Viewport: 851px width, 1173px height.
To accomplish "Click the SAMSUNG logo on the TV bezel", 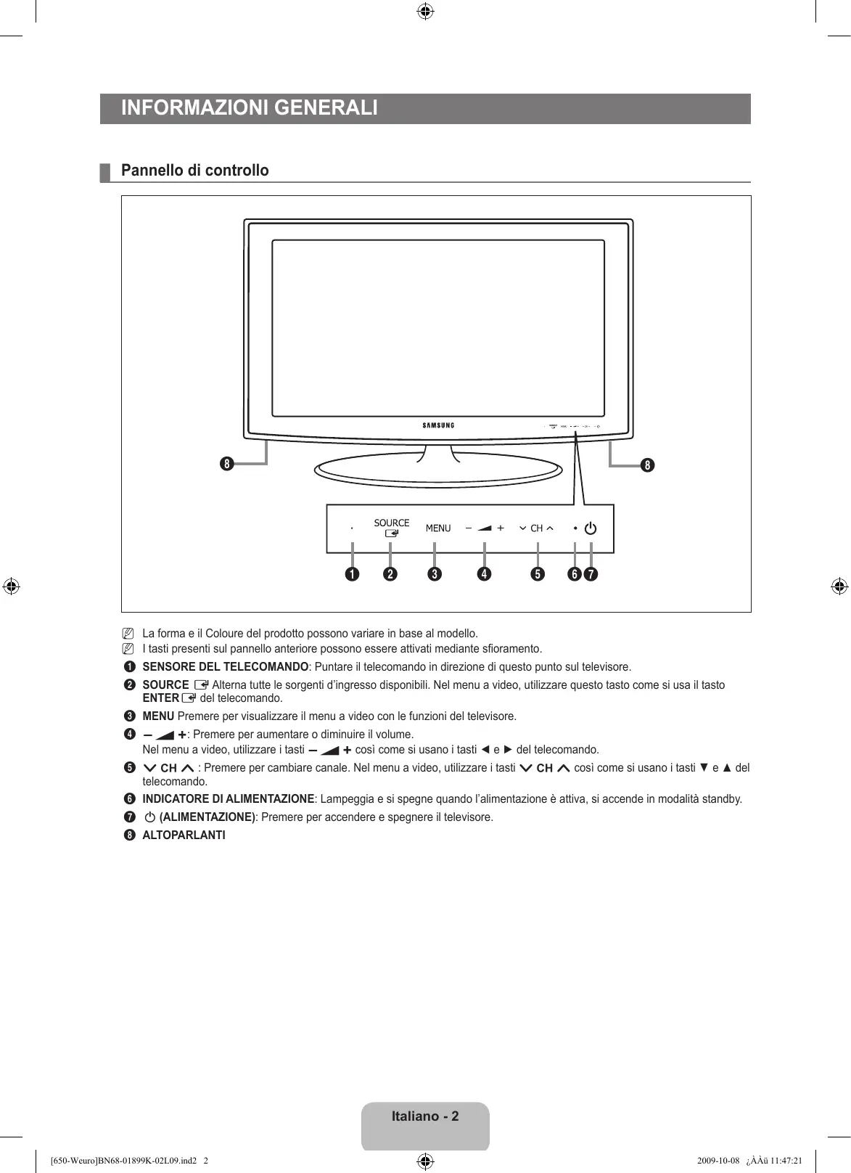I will click(438, 425).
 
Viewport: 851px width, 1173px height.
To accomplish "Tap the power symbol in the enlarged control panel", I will click(591, 528).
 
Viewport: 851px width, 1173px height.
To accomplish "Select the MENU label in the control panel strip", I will click(438, 528).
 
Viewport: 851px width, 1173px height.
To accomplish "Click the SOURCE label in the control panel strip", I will click(392, 523).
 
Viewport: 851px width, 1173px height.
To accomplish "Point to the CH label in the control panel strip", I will click(537, 528).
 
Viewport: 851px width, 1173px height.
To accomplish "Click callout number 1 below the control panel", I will click(352, 574).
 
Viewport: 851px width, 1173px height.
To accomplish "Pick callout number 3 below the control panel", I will click(435, 574).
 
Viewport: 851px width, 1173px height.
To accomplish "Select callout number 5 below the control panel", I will click(538, 574).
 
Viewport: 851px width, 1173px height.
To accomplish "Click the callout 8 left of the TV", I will click(228, 464).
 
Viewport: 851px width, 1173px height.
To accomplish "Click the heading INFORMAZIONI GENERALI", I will click(250, 108).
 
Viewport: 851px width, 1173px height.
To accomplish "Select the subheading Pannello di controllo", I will click(195, 171).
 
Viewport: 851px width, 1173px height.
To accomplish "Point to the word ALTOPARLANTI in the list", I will click(184, 835).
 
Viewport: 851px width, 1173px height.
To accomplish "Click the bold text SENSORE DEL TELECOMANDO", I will click(226, 666).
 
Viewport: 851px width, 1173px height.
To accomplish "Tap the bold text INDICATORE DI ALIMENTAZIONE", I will click(229, 799).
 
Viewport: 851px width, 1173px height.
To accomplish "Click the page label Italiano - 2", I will click(425, 1116).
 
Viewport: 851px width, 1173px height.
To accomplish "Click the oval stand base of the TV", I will click(438, 472).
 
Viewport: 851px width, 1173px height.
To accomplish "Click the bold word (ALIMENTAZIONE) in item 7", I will click(207, 817).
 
